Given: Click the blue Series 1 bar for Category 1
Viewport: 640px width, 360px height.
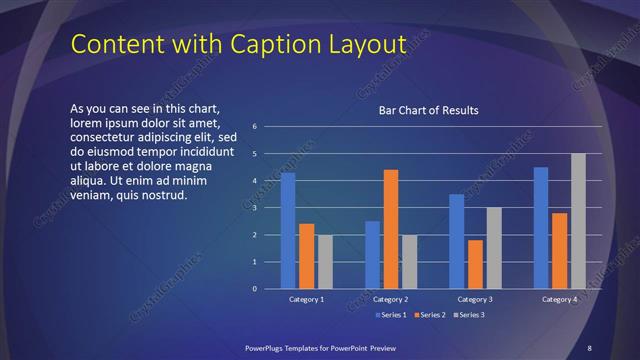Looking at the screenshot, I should [288, 230].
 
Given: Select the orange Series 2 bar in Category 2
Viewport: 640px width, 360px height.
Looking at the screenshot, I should [391, 229].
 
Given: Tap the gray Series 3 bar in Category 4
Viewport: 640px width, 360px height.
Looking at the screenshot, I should [578, 221].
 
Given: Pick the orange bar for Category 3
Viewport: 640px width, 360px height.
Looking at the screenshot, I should [475, 264].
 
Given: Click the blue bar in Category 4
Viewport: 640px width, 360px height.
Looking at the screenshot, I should [541, 228].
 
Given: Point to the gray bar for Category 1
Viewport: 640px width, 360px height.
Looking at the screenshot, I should [325, 262].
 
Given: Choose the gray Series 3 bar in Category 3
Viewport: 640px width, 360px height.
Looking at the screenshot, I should [494, 248].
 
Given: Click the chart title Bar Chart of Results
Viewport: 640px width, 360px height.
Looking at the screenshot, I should [428, 110].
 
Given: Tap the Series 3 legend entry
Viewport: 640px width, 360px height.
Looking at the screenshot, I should [469, 315].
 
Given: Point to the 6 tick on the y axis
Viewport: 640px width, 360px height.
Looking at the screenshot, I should [255, 127].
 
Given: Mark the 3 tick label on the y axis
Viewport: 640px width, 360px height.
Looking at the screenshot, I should [255, 208].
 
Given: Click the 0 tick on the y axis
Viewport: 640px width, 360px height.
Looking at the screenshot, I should [255, 289].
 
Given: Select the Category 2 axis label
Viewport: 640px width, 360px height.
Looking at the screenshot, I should [391, 299].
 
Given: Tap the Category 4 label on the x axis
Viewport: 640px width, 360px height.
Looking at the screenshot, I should [559, 299].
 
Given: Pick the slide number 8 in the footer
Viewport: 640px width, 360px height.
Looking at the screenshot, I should [589, 347].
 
